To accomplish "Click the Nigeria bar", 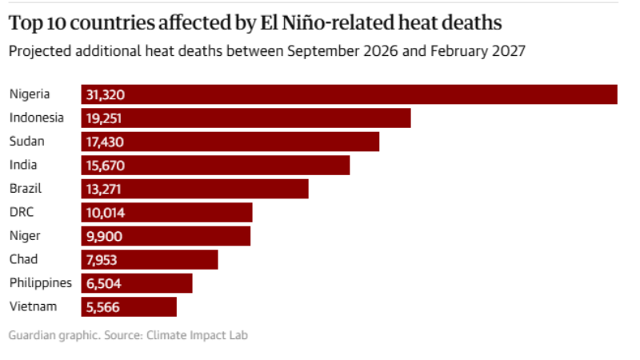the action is tap(349, 94).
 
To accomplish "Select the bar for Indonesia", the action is tap(246, 118).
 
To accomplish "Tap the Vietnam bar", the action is tap(129, 307).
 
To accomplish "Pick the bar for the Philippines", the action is tap(137, 283).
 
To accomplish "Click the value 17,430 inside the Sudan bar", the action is tap(105, 142).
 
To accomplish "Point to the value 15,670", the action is tap(106, 166).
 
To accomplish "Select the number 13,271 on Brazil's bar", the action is tap(104, 190).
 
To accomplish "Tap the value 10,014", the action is tap(106, 213).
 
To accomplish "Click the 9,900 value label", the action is tap(104, 236).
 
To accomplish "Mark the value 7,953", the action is tap(102, 260).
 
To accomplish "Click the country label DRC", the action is tap(22, 212).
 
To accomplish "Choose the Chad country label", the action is tap(24, 259).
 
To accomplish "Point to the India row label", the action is tap(23, 165).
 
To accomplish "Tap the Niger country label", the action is tap(25, 236).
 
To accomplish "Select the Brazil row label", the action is tap(26, 189).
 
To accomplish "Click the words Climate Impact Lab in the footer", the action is tap(197, 335).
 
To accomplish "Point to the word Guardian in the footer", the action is tap(32, 335).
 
